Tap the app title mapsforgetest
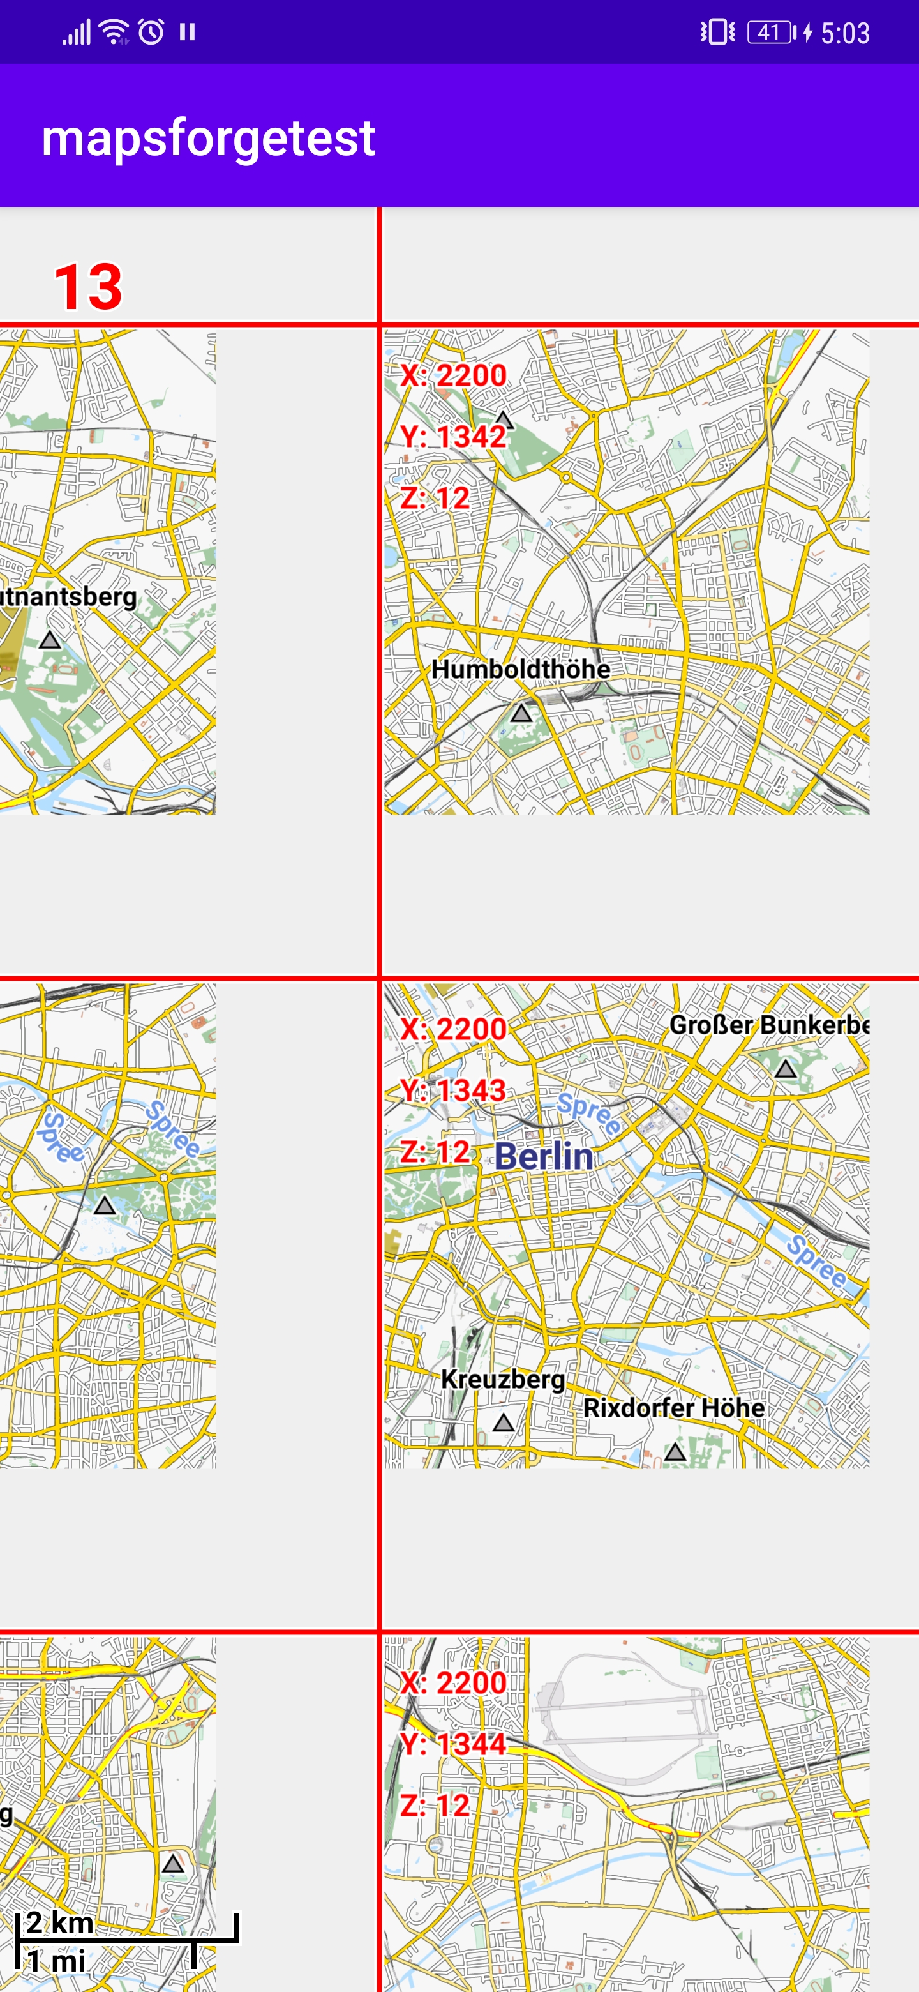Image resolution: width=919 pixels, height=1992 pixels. (208, 139)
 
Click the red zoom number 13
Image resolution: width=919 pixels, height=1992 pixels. (88, 287)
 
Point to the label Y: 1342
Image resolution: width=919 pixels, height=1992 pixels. (453, 437)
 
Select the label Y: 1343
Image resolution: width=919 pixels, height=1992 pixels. (453, 1090)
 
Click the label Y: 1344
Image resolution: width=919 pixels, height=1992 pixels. (453, 1744)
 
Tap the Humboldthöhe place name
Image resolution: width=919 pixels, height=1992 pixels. (520, 669)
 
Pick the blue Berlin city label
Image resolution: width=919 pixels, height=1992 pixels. (544, 1157)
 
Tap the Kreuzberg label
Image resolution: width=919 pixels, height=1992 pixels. (502, 1379)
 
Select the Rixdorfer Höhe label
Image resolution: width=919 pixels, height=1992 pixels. (673, 1407)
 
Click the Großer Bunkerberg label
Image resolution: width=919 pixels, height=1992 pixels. (768, 1025)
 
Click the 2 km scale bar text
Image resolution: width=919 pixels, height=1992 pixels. (59, 1922)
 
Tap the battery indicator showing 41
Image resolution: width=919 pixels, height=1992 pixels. (770, 33)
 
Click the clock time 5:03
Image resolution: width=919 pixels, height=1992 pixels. (845, 33)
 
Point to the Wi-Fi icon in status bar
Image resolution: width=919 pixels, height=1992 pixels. (114, 33)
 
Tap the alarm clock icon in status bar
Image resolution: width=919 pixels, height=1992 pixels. (151, 33)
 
